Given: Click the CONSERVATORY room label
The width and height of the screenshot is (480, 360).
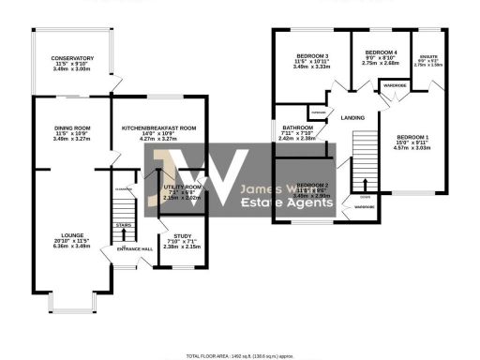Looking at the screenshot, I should click(x=72, y=58).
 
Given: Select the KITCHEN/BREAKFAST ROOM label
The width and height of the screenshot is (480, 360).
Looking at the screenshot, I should click(x=158, y=128).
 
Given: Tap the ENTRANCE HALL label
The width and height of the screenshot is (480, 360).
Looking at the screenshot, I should click(x=133, y=248).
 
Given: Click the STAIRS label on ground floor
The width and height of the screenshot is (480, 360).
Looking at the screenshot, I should click(x=123, y=225).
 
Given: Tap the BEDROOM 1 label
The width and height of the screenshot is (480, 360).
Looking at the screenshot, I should click(x=412, y=136).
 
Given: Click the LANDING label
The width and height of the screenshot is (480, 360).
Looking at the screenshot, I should click(x=352, y=117).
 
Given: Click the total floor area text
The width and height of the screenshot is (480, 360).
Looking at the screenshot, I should click(x=239, y=356).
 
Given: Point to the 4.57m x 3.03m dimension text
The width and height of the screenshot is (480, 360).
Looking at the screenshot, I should click(x=412, y=147).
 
